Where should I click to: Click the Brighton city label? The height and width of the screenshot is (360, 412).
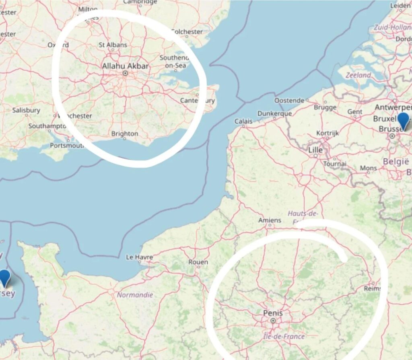(x=125, y=134)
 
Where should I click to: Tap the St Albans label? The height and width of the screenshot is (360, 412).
(x=113, y=45)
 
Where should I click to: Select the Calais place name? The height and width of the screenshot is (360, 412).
(x=244, y=121)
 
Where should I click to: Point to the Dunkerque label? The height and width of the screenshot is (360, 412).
(x=274, y=114)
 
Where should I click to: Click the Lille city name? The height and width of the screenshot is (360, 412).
(x=315, y=150)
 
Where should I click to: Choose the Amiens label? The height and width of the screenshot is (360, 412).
(x=270, y=220)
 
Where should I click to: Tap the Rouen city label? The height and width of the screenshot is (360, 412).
(x=198, y=262)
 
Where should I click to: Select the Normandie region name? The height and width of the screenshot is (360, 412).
(x=135, y=295)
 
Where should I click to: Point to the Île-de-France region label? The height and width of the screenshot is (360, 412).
(x=284, y=336)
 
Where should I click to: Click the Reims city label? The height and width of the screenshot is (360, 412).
(x=372, y=289)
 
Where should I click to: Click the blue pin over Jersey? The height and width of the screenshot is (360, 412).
(x=4, y=278)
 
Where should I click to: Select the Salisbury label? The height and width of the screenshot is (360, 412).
(x=26, y=110)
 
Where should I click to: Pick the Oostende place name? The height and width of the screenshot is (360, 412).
(x=289, y=100)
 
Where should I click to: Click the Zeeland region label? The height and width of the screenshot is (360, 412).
(x=358, y=75)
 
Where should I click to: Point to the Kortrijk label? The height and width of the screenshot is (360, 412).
(x=328, y=133)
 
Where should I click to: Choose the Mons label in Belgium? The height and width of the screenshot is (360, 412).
(x=368, y=168)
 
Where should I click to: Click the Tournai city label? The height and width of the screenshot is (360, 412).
(x=334, y=164)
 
